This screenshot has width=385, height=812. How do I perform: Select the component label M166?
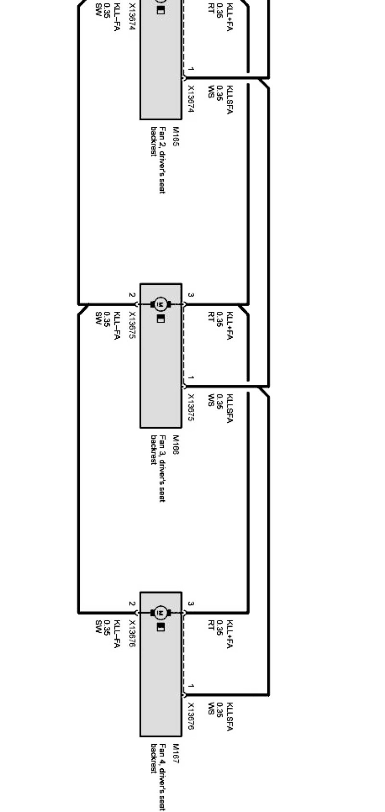(175, 444)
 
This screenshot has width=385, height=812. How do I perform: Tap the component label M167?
(175, 753)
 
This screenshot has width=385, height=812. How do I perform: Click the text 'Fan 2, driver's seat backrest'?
(158, 160)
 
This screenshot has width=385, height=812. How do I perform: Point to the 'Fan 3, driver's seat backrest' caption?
(158, 468)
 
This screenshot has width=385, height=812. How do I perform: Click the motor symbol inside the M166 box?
(161, 304)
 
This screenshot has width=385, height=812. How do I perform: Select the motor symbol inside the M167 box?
(161, 613)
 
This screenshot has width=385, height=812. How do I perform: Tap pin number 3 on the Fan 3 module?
(191, 295)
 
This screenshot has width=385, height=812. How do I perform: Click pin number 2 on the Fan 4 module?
(132, 604)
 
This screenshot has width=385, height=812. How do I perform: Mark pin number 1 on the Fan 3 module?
(191, 378)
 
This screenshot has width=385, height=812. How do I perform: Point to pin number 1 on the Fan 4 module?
(191, 687)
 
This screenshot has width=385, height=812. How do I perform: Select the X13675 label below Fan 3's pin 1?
(191, 407)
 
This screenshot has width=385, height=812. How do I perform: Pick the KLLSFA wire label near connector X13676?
(229, 716)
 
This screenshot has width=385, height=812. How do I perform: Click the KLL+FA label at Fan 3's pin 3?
(229, 325)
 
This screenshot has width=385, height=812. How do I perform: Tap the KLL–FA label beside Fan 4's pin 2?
(116, 634)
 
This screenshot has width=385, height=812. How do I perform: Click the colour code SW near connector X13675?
(98, 317)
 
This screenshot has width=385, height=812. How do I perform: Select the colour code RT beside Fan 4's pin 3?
(211, 625)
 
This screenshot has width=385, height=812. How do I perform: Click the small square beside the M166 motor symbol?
(161, 319)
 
